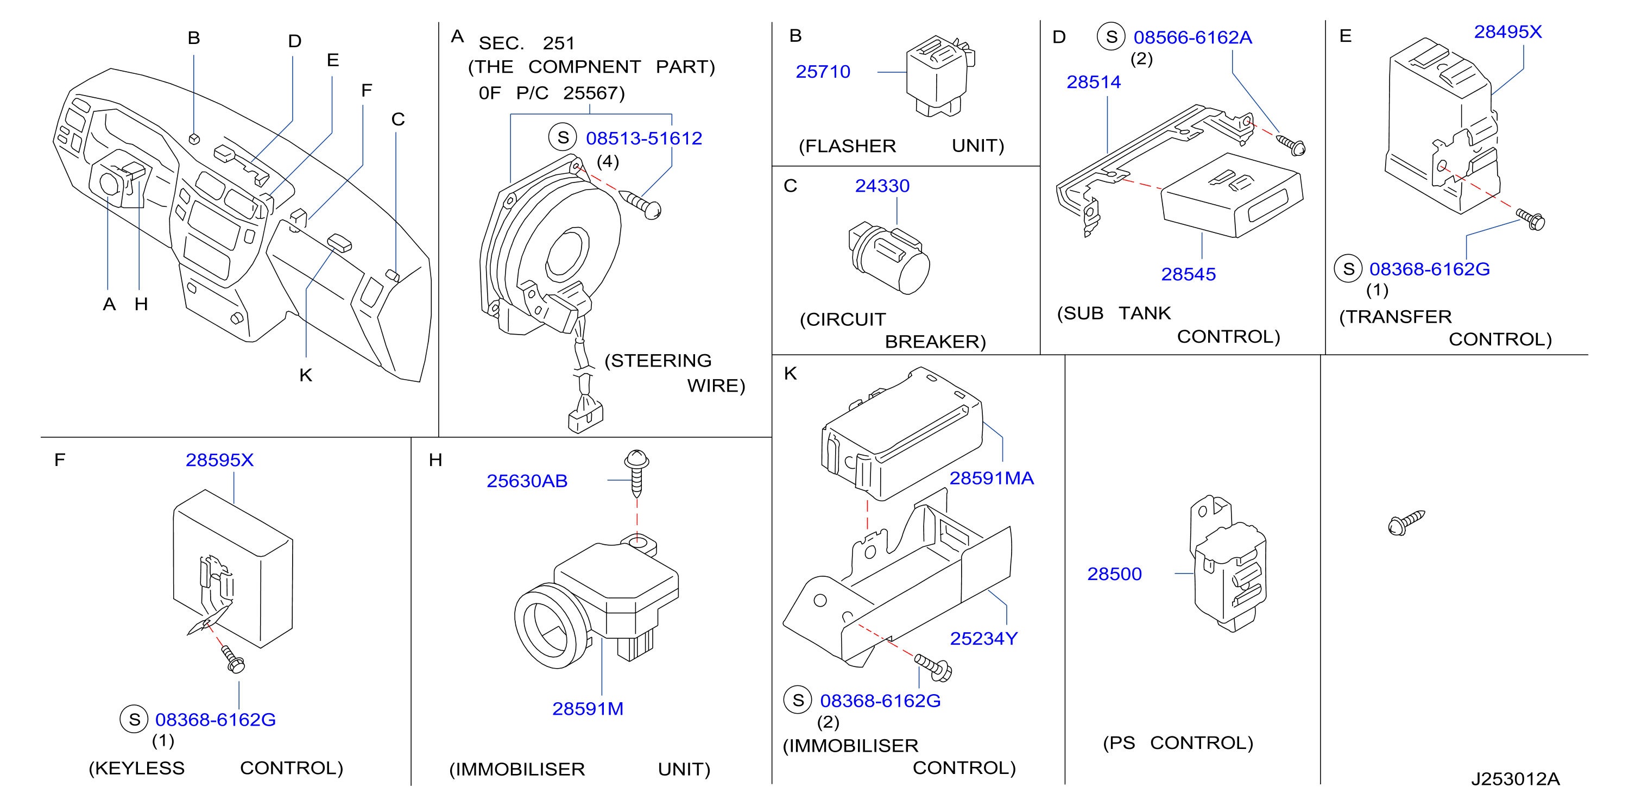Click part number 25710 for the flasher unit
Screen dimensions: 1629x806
coord(823,72)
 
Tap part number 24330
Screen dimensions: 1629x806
coord(882,186)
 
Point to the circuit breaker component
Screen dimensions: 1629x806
coord(888,257)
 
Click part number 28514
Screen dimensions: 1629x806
coord(1094,82)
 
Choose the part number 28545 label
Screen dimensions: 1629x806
coord(1188,275)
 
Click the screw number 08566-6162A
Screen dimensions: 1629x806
coord(1192,38)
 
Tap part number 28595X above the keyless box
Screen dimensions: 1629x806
coord(219,461)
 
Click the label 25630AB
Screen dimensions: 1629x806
coord(527,481)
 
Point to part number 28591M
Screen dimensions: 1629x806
coord(588,709)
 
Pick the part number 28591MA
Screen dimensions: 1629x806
coord(992,478)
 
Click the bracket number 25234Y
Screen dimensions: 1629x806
coord(984,639)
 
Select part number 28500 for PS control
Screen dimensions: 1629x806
coord(1114,575)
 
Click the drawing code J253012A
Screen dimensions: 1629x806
coord(1515,779)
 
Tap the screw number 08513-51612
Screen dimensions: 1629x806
coord(644,138)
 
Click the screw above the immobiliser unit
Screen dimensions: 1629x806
coord(637,473)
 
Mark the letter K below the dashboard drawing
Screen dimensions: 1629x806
coord(306,376)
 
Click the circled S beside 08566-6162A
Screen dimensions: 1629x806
coord(1111,37)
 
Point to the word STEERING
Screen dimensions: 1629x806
coord(658,361)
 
